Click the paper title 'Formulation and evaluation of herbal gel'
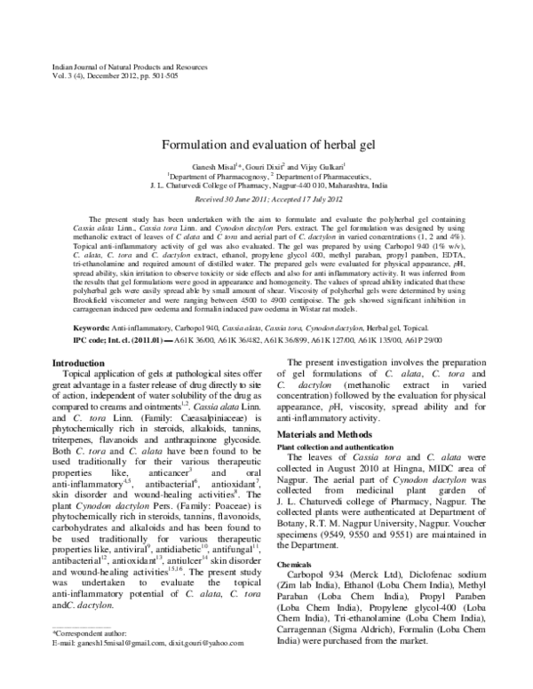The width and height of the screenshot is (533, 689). click(266, 144)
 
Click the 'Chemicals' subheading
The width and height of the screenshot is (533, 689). click(295, 564)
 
